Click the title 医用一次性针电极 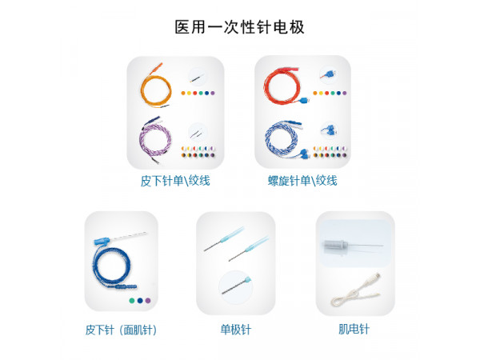pyautogui.click(x=240, y=26)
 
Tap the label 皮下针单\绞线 pyautogui.click(x=175, y=181)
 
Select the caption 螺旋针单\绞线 pyautogui.click(x=302, y=181)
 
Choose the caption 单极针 pyautogui.click(x=236, y=329)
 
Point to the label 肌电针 pyautogui.click(x=354, y=329)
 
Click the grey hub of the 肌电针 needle pyautogui.click(x=339, y=247)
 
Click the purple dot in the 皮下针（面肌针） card pyautogui.click(x=148, y=301)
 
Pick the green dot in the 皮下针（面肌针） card pyautogui.click(x=130, y=301)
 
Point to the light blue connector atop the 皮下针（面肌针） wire pyautogui.click(x=102, y=240)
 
